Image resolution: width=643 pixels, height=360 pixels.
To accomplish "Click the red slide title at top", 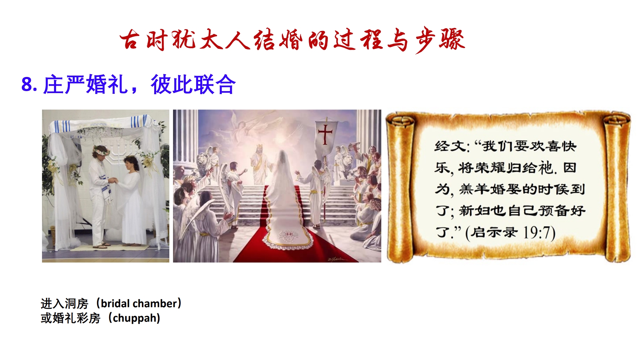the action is pos(292,40).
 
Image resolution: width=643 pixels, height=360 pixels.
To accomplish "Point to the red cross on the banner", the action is pos(325,134).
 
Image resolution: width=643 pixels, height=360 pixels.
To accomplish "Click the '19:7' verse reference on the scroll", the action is pos(539,233).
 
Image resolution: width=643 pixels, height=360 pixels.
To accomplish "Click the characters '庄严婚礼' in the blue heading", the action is pos(86,84).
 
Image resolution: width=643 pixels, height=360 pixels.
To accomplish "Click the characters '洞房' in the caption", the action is pos(76,304).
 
